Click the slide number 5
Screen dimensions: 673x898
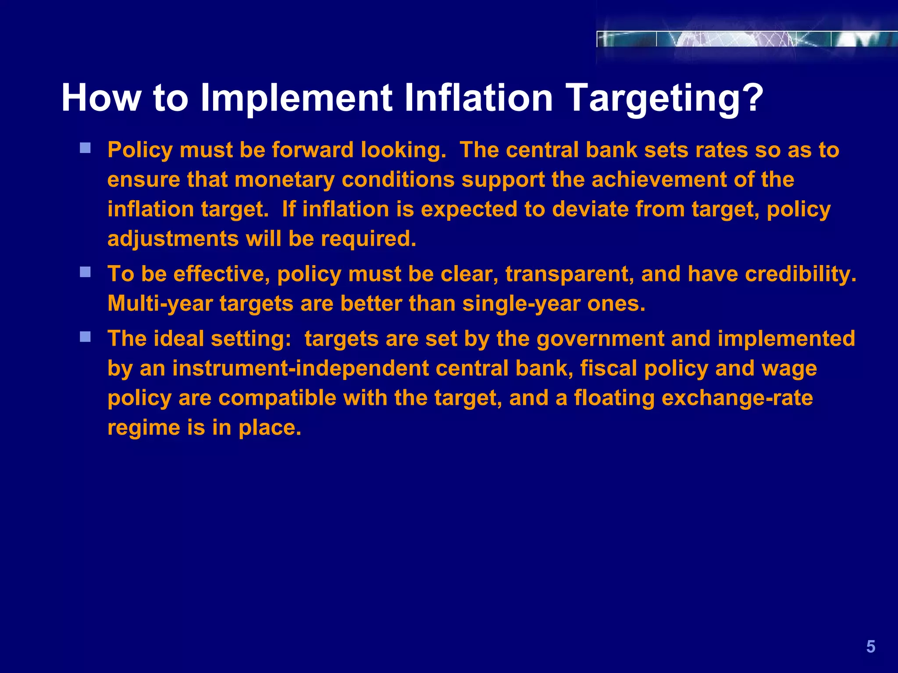point(870,647)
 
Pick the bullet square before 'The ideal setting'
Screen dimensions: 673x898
point(85,336)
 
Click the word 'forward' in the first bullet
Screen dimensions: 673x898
point(313,150)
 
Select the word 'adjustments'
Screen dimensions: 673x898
point(173,239)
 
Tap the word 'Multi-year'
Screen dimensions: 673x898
point(160,304)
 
